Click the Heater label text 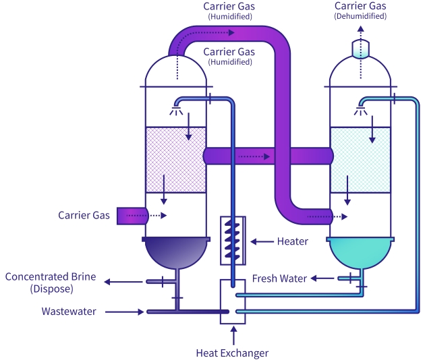[292, 241]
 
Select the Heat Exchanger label [232, 353]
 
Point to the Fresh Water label [279, 278]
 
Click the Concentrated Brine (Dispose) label [51, 282]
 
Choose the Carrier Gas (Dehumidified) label [360, 10]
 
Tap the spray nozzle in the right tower [362, 109]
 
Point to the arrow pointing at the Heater [260, 241]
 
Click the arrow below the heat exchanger [233, 334]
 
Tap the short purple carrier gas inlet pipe [131, 216]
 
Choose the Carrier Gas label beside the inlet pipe [84, 216]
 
